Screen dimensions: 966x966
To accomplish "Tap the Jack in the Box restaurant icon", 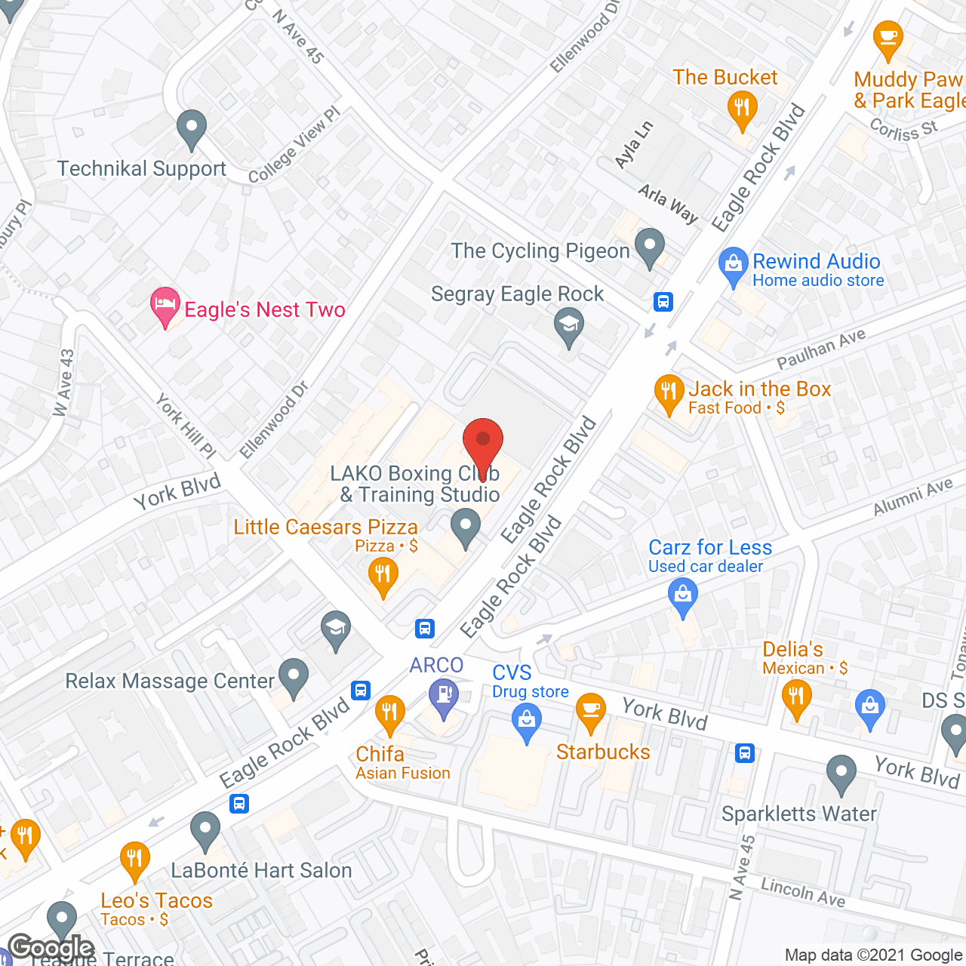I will [669, 393].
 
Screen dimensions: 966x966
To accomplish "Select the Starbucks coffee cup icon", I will [591, 712].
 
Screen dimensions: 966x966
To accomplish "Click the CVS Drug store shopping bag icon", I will [527, 721].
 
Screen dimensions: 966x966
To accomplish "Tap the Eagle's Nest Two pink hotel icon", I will [165, 306].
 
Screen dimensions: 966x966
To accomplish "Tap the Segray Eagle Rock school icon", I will [569, 328].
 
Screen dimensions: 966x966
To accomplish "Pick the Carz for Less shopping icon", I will [683, 596].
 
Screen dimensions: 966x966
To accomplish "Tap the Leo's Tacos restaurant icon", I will [135, 860].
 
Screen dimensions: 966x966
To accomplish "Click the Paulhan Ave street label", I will [821, 349].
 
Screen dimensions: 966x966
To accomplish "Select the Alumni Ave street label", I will [912, 498].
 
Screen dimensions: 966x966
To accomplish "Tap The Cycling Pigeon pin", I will [650, 247].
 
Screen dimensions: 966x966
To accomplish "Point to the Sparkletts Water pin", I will [841, 774].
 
